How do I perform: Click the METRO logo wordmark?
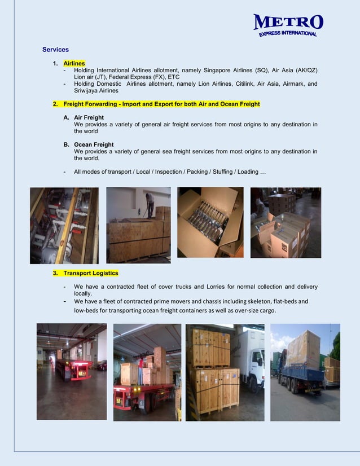click(288, 23)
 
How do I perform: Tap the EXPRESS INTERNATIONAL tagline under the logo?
click(288, 34)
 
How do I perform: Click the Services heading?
click(55, 50)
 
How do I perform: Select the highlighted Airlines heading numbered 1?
click(74, 64)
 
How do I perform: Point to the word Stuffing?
click(218, 172)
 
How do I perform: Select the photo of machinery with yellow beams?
click(64, 226)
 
